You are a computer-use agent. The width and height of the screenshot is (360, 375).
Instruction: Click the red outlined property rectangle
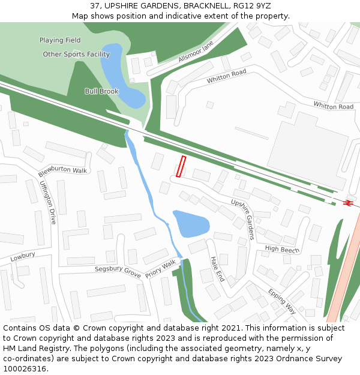pos(181,166)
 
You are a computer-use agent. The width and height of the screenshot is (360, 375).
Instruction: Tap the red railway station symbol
pos(347,203)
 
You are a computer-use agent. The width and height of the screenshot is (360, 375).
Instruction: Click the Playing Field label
pos(60,40)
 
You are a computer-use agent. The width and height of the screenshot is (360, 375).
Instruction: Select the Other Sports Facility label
pos(76,55)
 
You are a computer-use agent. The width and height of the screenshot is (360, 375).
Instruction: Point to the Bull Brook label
pos(101,91)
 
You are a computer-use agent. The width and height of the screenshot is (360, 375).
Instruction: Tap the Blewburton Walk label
pos(62,170)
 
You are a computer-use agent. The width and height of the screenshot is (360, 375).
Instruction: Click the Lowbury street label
pos(23,256)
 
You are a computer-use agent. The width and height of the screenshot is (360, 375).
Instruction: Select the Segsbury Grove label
pos(118,271)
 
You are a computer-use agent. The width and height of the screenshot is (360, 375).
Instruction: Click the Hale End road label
pos(217,269)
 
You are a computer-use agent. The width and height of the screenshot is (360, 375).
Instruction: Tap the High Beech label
pos(282,249)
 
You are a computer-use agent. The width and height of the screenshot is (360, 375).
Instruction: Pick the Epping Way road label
pos(281,301)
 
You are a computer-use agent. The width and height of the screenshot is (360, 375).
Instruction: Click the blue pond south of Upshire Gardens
pos(190,223)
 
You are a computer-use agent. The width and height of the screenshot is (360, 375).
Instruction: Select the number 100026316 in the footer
pos(25,369)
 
